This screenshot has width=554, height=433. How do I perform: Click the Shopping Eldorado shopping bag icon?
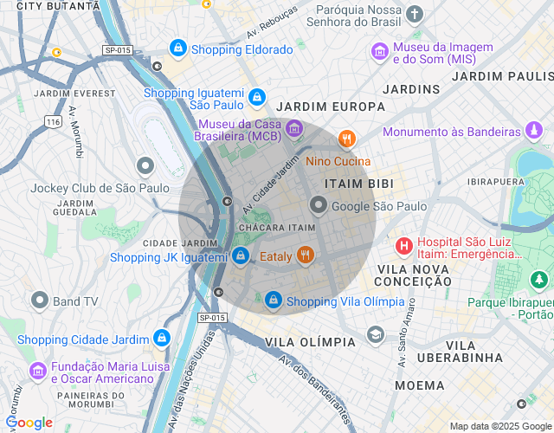pos(178,48)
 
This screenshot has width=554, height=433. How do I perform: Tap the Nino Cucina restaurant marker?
pos(347,139)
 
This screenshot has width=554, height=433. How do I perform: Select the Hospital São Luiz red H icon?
pos(403,247)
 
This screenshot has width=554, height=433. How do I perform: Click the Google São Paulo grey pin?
pos(319,205)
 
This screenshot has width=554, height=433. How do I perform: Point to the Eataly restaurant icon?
pos(305,255)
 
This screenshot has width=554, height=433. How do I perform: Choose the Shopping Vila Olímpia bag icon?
pos(274,301)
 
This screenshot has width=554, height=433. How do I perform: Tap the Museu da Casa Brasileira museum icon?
pos(294,128)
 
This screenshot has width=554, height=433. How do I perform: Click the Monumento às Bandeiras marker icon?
pos(535,132)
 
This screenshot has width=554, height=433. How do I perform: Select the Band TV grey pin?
pos(40,301)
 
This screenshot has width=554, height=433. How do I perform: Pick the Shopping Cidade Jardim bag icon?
pos(161,338)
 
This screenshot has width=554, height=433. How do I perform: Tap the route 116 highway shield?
pos(54,123)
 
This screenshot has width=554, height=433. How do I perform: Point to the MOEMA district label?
pos(420,384)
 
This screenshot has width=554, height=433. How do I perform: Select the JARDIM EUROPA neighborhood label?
pos(330,107)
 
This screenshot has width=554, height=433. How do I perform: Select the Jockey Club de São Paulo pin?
pos(145,165)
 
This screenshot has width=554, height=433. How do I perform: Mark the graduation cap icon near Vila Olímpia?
pos(375,334)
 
